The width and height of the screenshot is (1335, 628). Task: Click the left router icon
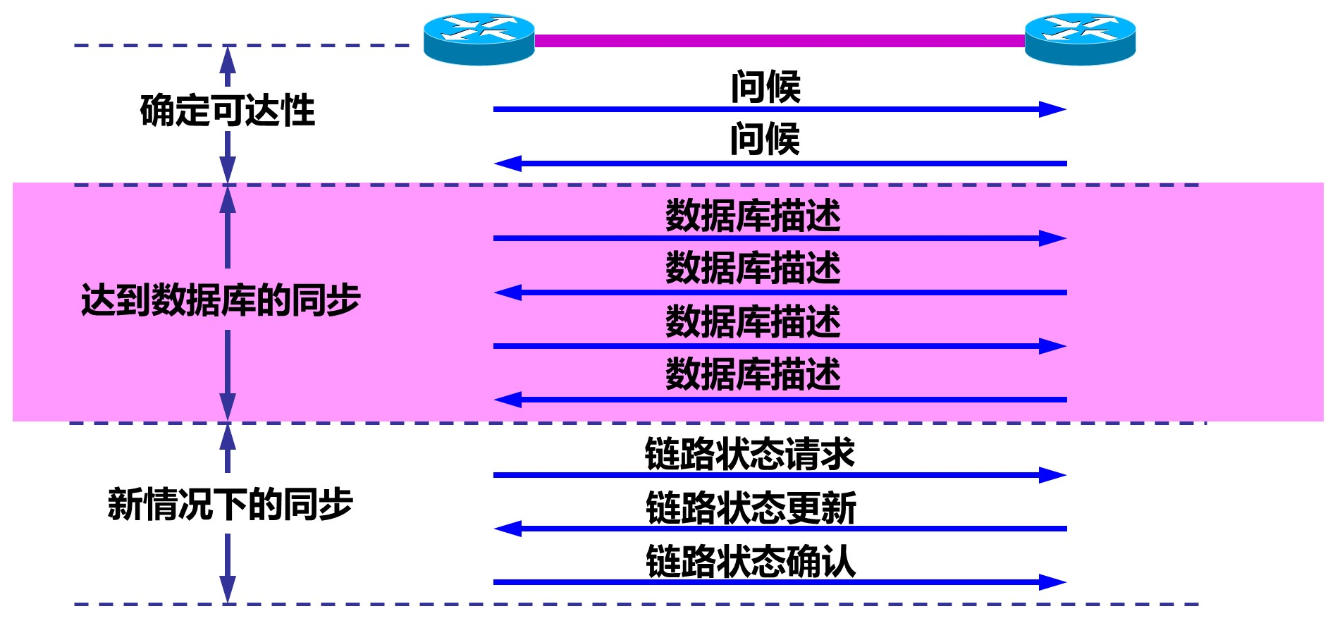click(479, 39)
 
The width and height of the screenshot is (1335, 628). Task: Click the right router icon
click(1080, 39)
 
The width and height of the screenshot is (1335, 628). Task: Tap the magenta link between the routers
click(779, 41)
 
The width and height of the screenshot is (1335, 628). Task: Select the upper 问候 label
click(765, 87)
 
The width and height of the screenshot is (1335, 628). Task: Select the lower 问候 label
click(765, 139)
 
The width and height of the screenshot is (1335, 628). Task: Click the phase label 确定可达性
click(227, 111)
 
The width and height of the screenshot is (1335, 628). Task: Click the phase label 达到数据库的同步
click(221, 300)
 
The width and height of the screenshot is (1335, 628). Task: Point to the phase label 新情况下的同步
click(230, 505)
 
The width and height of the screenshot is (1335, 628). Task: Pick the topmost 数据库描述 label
click(753, 216)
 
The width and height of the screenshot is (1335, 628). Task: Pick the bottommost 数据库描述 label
click(753, 374)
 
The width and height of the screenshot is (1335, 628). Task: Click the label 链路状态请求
click(749, 454)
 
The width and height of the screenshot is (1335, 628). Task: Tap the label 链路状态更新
click(751, 508)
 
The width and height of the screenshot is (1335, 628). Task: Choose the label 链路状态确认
click(751, 562)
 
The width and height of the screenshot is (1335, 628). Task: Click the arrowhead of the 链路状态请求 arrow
click(1053, 475)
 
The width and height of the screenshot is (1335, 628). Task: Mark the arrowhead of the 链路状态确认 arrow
click(1053, 582)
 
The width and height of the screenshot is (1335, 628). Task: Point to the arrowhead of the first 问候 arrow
click(1053, 109)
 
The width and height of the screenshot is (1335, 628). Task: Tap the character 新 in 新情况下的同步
click(125, 505)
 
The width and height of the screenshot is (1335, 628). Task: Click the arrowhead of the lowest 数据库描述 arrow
click(507, 400)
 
